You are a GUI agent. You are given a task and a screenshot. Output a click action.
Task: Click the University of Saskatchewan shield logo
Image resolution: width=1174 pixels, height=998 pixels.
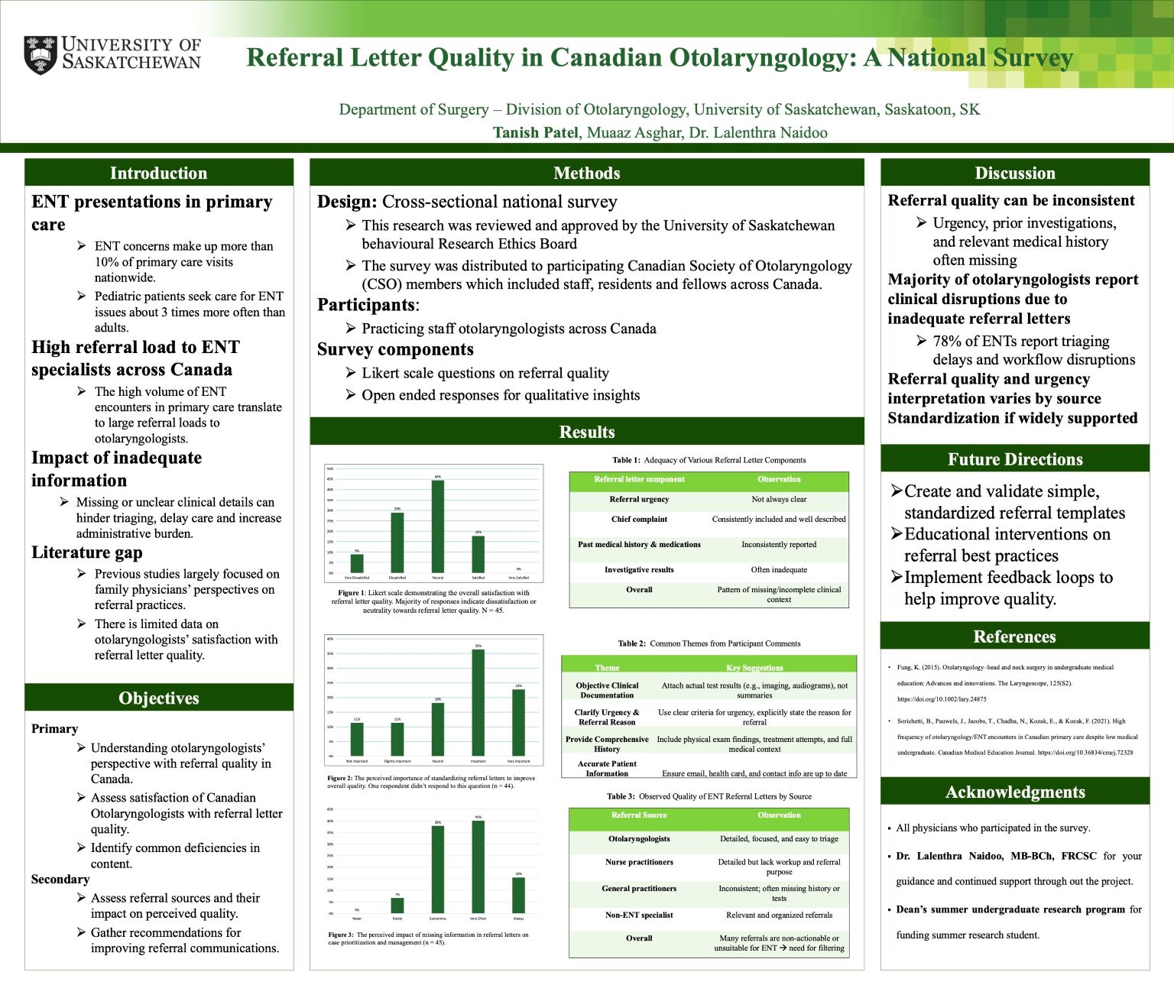[40, 54]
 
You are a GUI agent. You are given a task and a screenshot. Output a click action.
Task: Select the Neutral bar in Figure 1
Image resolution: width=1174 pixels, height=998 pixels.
[438, 527]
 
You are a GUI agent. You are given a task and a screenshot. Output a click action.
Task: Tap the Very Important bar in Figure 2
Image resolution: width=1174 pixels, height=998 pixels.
[518, 722]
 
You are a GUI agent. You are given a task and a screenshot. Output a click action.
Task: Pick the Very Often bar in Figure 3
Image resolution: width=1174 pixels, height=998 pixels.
[478, 867]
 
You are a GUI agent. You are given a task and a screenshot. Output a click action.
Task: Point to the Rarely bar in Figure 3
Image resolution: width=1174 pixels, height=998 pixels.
[397, 906]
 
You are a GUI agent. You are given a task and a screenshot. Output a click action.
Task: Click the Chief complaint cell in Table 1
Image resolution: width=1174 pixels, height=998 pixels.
[639, 520]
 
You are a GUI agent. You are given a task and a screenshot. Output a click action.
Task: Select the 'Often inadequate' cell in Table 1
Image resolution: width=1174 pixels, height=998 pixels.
[779, 570]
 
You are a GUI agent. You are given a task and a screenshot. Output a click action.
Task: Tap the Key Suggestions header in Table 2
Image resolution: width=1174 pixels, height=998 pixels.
[754, 668]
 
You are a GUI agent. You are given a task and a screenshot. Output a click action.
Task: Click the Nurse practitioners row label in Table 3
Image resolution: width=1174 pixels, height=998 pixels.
[639, 862]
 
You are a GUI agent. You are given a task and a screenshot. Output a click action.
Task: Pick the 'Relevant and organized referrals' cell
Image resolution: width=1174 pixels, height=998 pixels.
[779, 915]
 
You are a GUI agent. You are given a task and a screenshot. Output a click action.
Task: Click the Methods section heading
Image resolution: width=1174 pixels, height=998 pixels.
[586, 173]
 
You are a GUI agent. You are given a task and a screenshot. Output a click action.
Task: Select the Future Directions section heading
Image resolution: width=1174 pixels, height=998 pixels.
[1014, 459]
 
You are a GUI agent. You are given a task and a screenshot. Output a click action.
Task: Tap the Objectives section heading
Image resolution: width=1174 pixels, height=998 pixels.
[159, 698]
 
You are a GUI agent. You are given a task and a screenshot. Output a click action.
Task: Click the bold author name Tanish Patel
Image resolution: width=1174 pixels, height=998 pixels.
[535, 133]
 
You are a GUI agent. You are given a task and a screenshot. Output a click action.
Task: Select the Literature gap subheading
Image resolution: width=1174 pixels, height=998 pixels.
[87, 552]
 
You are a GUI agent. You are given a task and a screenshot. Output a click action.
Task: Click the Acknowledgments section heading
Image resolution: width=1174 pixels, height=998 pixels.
[1014, 792]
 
